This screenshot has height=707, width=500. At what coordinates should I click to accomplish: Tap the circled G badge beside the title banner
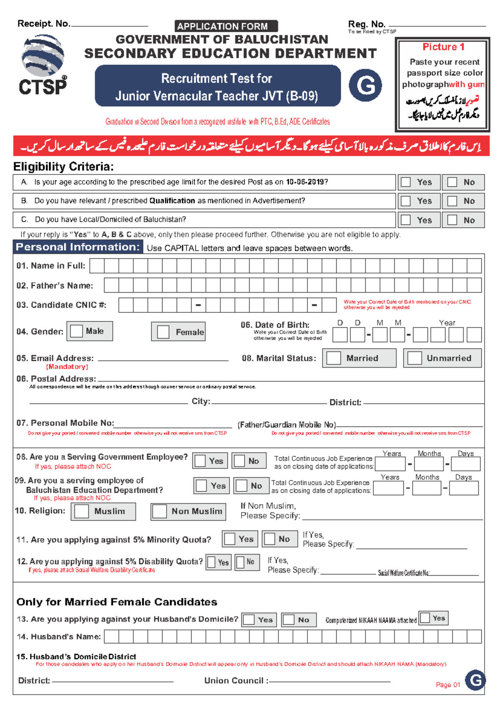tap(365, 85)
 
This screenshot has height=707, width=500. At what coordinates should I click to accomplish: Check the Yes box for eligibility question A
tap(406, 182)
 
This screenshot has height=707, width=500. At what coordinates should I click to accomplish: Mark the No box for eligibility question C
tap(452, 220)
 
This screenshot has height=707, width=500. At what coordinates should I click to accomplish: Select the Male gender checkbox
tap(77, 331)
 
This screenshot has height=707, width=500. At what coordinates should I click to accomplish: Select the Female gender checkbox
tap(163, 332)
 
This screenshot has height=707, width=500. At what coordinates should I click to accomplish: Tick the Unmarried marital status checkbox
tap(415, 358)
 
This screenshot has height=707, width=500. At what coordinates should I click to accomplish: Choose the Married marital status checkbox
tap(334, 358)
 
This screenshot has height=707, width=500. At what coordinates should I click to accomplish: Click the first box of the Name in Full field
tap(97, 266)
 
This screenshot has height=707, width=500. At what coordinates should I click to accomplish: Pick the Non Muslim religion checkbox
tap(160, 511)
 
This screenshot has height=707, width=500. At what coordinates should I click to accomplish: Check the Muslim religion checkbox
tap(81, 511)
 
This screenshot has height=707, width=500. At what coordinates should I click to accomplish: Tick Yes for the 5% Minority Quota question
tap(230, 539)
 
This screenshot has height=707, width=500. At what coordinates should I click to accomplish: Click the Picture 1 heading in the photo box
tap(443, 47)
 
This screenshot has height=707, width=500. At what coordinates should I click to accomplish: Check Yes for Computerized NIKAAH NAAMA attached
tap(425, 618)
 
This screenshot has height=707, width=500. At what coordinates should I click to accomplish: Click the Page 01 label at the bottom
tap(448, 684)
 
